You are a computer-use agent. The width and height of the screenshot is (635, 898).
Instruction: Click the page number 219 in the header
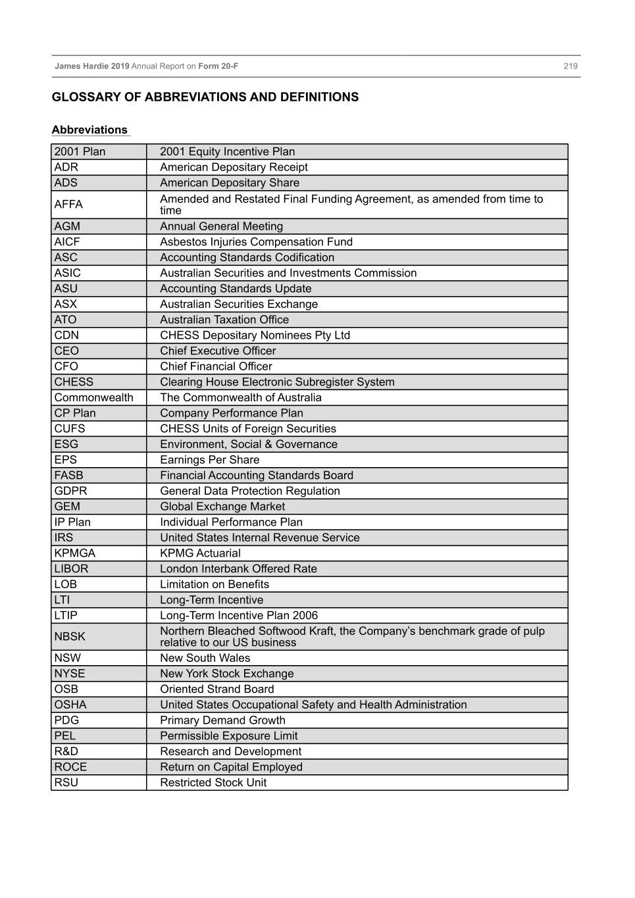(x=570, y=66)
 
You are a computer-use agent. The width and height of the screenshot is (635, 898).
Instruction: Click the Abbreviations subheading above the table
(x=89, y=130)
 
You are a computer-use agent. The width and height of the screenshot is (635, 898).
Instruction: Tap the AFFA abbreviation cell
(x=68, y=205)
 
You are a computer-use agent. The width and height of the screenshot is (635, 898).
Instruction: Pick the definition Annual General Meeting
(x=221, y=226)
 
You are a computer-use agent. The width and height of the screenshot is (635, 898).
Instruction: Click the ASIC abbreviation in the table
(x=68, y=273)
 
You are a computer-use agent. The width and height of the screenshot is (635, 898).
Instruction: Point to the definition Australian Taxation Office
(x=224, y=320)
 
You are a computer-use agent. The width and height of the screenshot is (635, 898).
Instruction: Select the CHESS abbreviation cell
(x=74, y=382)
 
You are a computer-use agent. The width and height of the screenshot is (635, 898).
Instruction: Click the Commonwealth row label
(x=93, y=397)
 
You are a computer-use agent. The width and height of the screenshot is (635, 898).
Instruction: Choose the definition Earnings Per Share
(x=209, y=460)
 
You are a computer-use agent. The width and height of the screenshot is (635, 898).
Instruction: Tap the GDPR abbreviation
(x=70, y=491)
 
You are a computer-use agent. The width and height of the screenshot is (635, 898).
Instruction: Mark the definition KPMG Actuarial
(x=200, y=553)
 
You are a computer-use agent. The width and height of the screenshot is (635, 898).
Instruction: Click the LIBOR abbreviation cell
(x=71, y=569)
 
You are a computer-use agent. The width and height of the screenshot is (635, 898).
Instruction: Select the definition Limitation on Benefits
(x=215, y=584)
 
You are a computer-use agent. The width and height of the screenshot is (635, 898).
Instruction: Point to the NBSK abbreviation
(x=70, y=637)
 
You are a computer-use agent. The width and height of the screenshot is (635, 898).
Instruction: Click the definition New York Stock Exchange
(x=226, y=674)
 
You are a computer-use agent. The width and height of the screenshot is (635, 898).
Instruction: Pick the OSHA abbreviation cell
(x=70, y=705)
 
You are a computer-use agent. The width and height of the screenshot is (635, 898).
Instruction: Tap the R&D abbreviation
(x=66, y=751)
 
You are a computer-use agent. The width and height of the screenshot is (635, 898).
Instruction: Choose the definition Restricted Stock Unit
(x=213, y=783)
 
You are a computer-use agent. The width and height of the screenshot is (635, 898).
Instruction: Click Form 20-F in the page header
(x=218, y=66)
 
